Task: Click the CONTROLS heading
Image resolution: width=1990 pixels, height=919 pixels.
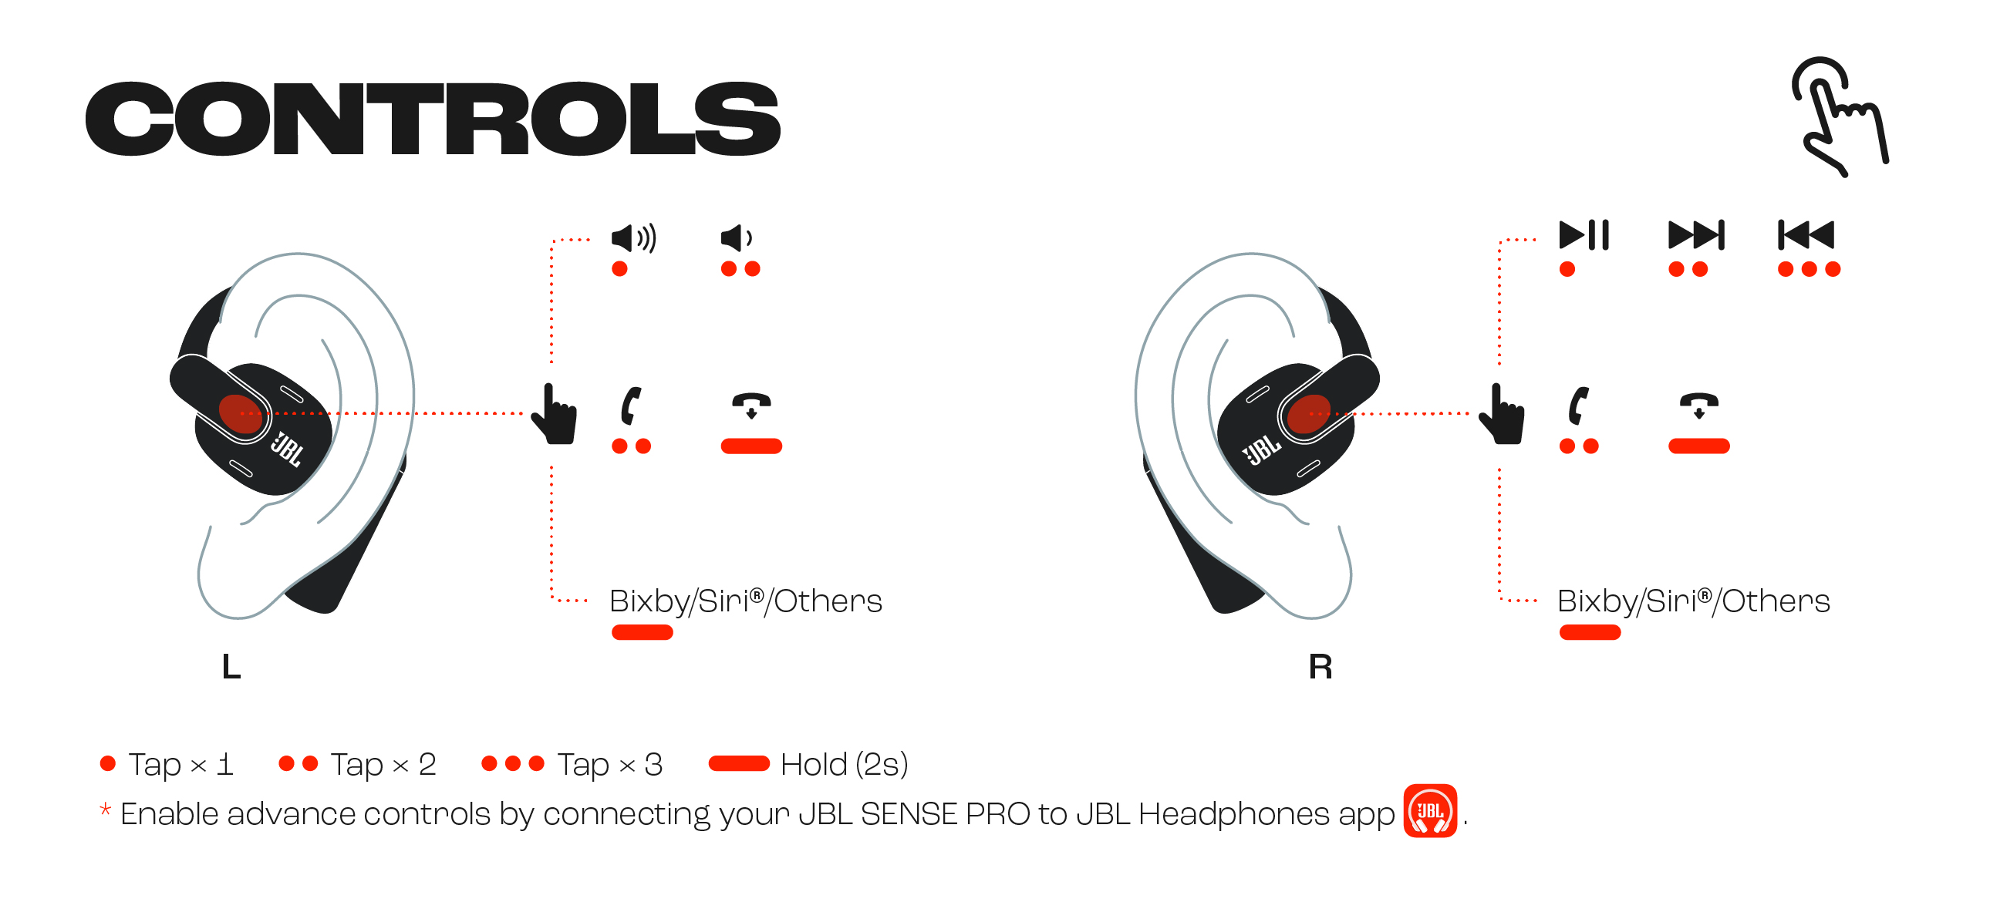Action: coord(433,118)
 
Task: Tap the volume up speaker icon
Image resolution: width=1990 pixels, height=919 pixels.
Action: coord(633,238)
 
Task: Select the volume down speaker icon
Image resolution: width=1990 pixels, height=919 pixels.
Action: coord(736,238)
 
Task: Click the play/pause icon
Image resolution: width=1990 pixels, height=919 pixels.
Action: coord(1584,235)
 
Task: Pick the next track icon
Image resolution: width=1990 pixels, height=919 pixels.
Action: coord(1696,235)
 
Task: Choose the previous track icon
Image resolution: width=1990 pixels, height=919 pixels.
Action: coord(1806,235)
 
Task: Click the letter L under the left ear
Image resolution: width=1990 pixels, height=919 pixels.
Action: coord(231,666)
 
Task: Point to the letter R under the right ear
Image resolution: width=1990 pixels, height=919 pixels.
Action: coord(1320,666)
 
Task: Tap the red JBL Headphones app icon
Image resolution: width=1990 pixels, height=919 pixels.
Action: coord(1430,811)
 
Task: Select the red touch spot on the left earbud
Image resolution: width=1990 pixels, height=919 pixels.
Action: coord(241,414)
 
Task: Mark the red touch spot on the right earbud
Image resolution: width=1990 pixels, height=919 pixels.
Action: coord(1309,414)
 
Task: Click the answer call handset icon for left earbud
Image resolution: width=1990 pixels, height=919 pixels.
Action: coord(631,406)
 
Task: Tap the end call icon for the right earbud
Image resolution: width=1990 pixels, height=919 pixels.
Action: coord(1698,406)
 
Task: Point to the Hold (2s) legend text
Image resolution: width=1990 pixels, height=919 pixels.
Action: coord(844,765)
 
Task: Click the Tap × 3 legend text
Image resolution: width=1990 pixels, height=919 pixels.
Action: coord(609,765)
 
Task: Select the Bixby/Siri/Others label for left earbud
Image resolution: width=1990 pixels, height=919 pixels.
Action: coord(745,601)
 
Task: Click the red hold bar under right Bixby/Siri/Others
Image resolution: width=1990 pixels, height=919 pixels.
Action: coord(1590,632)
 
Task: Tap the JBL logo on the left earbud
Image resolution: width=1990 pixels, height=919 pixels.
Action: coord(286,449)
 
